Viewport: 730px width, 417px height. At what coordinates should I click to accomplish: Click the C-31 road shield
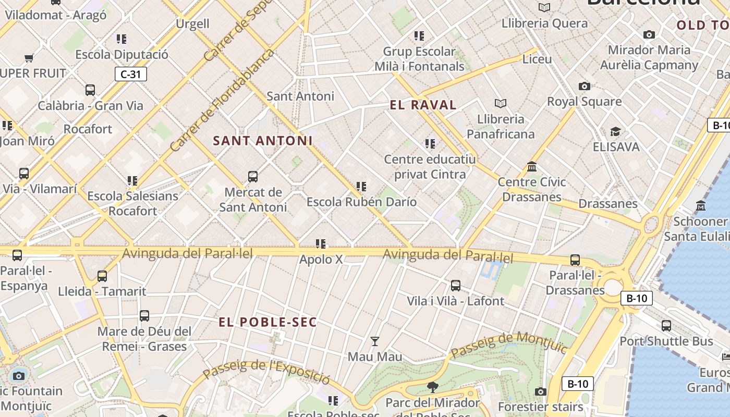coord(130,74)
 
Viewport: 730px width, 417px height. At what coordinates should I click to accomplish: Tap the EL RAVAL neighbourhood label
coord(423,105)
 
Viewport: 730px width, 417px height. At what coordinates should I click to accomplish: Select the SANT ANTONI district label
coord(263,141)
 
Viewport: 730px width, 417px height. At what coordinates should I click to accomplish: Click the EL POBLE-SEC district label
coord(267,322)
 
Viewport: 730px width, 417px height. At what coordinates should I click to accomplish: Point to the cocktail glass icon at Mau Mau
coord(374,341)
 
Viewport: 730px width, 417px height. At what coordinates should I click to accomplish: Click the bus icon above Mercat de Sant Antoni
coord(253,176)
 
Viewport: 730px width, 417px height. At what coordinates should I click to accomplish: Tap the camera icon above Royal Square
coord(584,86)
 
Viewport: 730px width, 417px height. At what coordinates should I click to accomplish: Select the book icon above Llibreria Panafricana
coord(501,103)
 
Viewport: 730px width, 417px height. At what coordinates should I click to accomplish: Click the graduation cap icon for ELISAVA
coord(615,131)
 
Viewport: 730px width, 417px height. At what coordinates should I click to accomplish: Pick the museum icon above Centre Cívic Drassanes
coord(532,167)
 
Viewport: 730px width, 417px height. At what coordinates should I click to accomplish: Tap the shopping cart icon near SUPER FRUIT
coord(29,58)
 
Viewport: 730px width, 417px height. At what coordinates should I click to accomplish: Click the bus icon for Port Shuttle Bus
coord(666,326)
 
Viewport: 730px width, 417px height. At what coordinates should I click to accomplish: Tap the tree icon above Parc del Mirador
coord(432,387)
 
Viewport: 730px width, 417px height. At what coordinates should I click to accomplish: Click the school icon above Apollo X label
coord(321,243)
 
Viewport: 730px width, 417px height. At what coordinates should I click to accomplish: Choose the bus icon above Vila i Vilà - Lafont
coord(455,285)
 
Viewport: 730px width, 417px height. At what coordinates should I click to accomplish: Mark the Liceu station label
coord(537,59)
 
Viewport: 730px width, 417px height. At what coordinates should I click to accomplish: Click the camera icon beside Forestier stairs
coord(540,391)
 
